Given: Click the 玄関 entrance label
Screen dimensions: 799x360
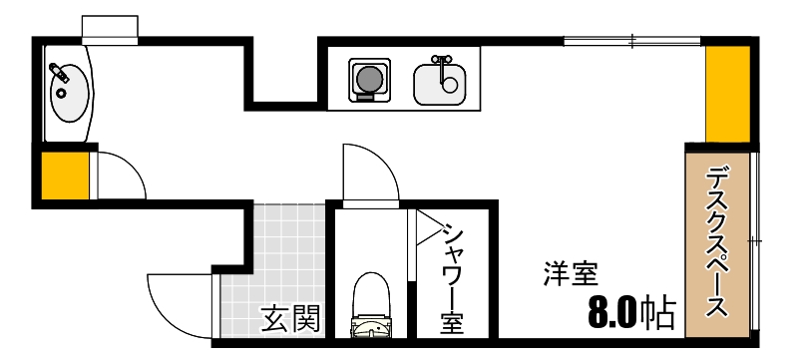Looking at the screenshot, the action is click(x=291, y=320).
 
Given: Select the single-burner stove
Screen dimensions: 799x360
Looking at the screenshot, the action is click(x=368, y=79).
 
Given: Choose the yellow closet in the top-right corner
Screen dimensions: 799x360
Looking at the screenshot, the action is click(x=727, y=94).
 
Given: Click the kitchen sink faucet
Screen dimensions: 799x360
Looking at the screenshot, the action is click(x=441, y=62).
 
